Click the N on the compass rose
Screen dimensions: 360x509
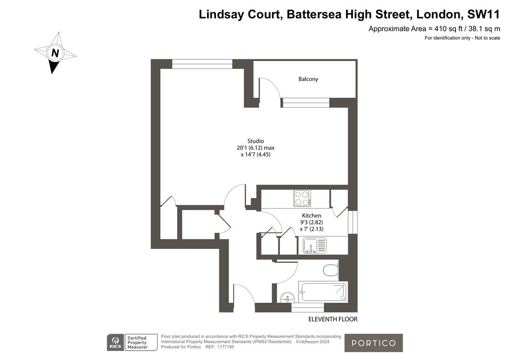(55, 53)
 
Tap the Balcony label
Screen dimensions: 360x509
(308, 79)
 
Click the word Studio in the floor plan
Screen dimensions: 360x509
(256, 141)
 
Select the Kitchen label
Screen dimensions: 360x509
(311, 216)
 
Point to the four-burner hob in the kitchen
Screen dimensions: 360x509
(302, 198)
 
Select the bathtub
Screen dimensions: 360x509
(323, 292)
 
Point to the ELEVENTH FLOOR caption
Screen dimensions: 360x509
(333, 319)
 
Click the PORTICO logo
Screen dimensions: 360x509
(373, 343)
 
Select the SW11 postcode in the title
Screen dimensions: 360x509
(484, 14)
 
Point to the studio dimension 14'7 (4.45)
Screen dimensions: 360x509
(256, 155)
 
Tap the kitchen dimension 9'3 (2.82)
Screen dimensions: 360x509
(311, 222)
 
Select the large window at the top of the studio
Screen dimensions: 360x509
(202, 64)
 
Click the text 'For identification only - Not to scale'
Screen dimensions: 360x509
(462, 38)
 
